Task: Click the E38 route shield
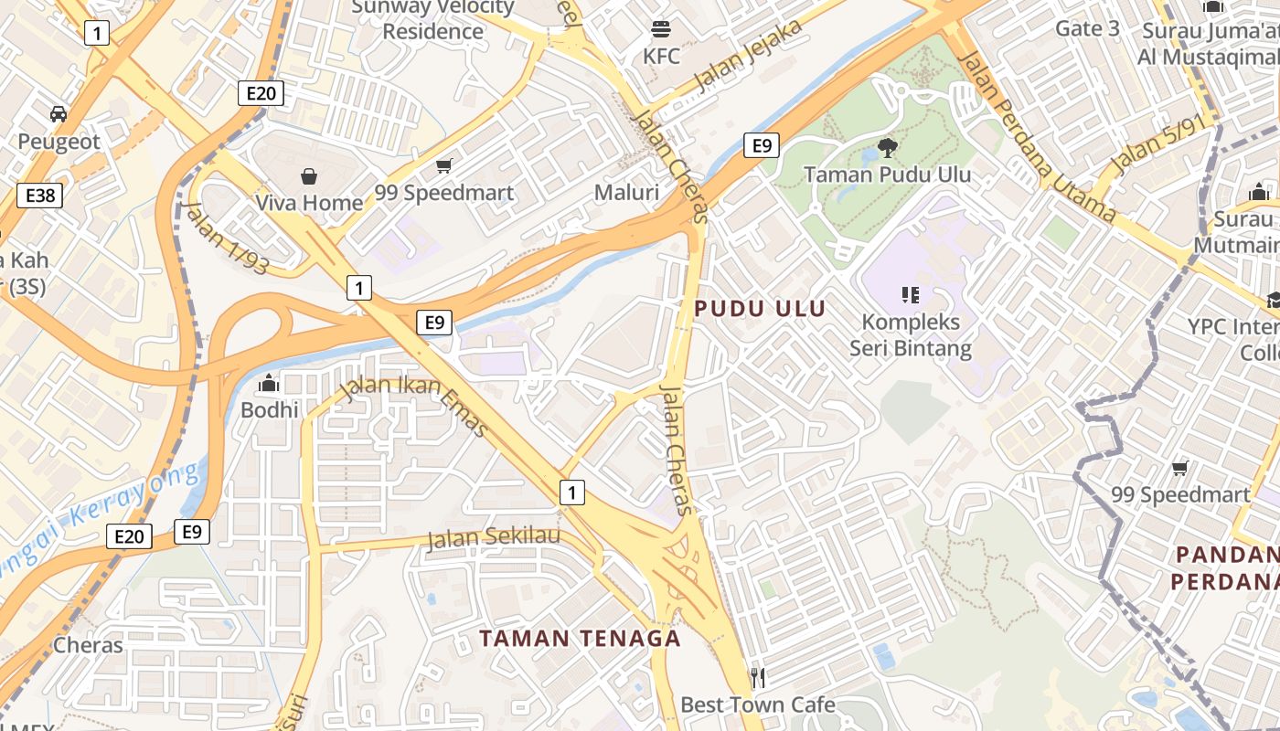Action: tap(39, 196)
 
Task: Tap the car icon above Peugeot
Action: tap(59, 114)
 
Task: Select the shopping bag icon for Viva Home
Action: tap(309, 175)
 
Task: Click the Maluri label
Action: tap(626, 193)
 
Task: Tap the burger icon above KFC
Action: tap(661, 28)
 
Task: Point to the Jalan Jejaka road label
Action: tap(749, 55)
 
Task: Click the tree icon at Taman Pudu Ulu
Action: tap(887, 147)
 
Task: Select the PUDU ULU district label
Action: tap(760, 309)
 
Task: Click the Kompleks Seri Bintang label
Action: tap(911, 335)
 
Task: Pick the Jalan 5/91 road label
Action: tap(1155, 147)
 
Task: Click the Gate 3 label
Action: tap(1087, 28)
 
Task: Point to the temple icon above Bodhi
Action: tap(269, 383)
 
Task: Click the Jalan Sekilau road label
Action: tap(493, 537)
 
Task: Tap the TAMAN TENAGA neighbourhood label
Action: tap(581, 639)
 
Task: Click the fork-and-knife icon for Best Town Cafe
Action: tap(757, 677)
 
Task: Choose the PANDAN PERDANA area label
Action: tap(1225, 567)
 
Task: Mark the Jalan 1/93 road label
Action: tap(227, 237)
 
